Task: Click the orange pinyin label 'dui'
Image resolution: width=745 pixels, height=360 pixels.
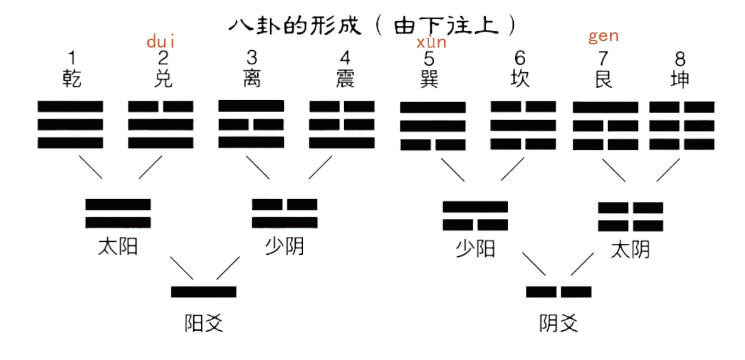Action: pos(160,42)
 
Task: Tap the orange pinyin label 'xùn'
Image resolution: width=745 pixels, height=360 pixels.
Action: pos(431,42)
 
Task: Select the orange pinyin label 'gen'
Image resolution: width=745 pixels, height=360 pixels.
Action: pos(603,36)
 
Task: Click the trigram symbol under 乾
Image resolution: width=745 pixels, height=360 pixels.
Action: pos(70,124)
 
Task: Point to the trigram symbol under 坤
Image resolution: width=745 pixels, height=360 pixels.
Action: pos(682,125)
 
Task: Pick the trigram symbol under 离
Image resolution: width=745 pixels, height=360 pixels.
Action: pos(251,124)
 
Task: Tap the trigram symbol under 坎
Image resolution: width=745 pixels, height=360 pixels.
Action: pos(523,125)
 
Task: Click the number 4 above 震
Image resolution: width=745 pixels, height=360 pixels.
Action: pos(345,59)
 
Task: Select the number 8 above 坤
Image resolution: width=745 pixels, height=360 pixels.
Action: pos(680,60)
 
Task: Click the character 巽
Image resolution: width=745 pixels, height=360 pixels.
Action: pos(429,79)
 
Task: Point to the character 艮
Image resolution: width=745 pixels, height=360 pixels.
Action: pos(602,79)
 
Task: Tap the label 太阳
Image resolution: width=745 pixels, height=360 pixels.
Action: pos(117,246)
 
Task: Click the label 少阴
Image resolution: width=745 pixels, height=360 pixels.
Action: pos(284,246)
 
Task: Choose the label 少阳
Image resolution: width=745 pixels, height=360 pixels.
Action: pos(475,248)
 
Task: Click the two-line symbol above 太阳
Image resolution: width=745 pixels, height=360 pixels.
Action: pos(118,213)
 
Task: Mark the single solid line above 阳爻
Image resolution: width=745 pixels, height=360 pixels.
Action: pos(203,292)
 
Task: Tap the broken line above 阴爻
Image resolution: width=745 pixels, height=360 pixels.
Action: pos(558,292)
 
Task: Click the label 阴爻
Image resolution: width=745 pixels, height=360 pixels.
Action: pos(558,324)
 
